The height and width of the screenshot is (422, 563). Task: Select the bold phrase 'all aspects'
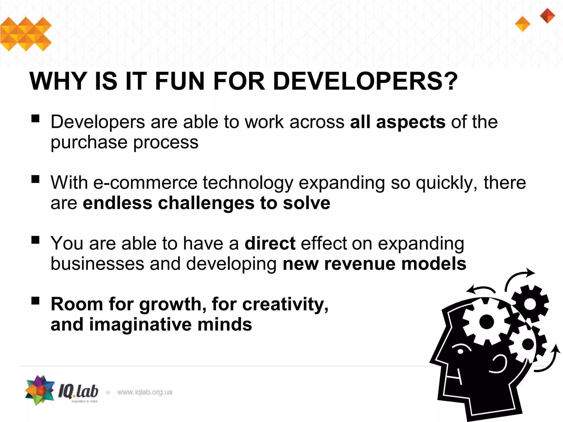pos(398,122)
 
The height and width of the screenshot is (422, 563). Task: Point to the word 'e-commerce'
pos(145,183)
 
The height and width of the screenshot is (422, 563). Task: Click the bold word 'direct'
pos(270,243)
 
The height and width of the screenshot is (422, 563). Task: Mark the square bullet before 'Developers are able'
pos(35,118)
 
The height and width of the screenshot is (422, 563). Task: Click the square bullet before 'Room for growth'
pos(35,301)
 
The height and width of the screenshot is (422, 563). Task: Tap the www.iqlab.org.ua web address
pos(145,392)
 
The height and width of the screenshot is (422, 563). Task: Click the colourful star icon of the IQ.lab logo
pos(40,390)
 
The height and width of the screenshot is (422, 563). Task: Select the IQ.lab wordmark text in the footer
pos(78,391)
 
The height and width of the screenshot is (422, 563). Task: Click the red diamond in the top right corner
pos(547,16)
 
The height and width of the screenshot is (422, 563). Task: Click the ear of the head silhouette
pos(499,364)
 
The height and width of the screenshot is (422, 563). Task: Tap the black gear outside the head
pos(530,304)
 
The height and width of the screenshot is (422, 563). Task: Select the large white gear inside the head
pos(486,322)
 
